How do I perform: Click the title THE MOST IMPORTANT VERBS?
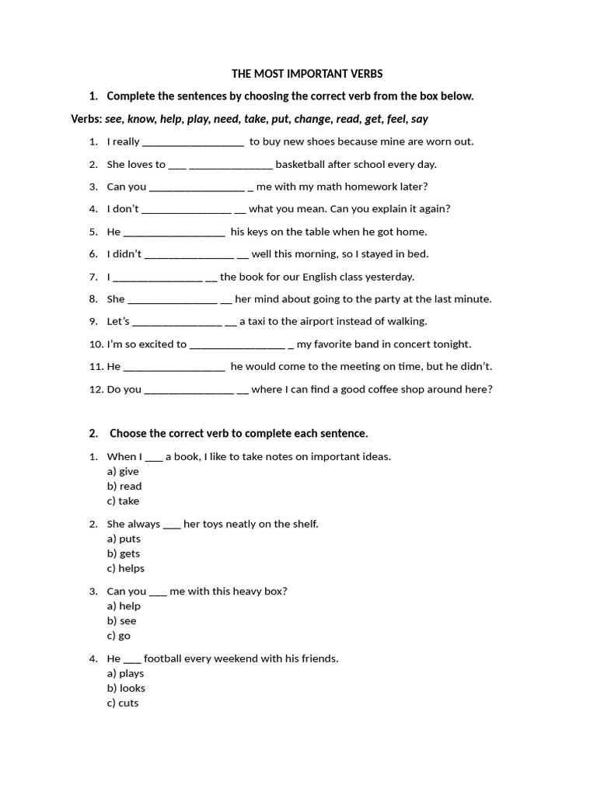coord(307,74)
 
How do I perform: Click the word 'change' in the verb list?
coord(312,119)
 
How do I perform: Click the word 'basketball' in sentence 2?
coord(302,164)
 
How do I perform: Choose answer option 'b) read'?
coord(124,487)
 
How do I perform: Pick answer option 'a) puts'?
coord(124,539)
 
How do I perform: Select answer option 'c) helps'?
coord(126,568)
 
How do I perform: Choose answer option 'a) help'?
coord(124,606)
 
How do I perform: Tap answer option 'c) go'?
coord(119,636)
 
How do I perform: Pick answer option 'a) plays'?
coord(125,673)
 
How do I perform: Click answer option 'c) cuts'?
coord(123,703)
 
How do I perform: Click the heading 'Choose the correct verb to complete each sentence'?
coord(239,433)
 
